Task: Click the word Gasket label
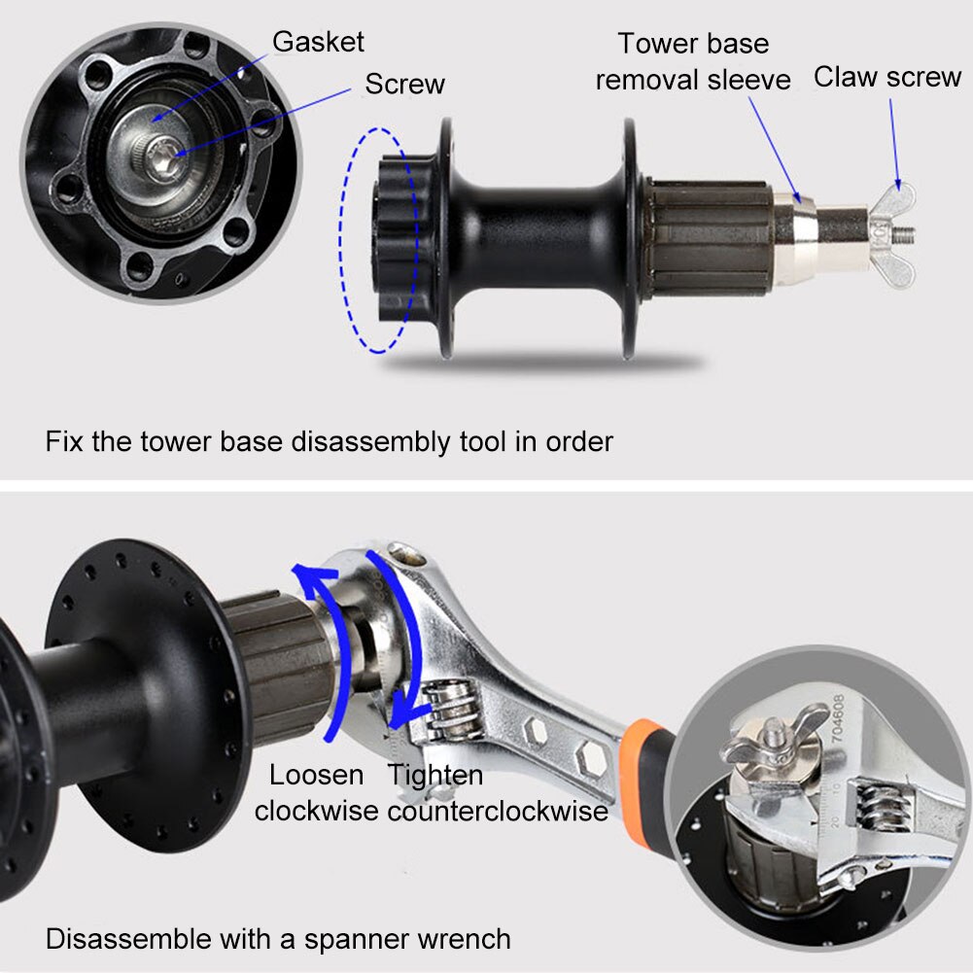point(318,42)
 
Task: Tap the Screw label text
point(404,85)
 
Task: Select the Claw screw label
point(886,78)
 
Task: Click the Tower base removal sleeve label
point(692,61)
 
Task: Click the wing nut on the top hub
point(896,233)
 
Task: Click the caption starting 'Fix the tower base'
point(330,441)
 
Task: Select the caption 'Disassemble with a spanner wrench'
point(278,939)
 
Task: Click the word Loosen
point(316,775)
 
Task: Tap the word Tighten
point(434,775)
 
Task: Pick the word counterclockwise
point(498,810)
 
